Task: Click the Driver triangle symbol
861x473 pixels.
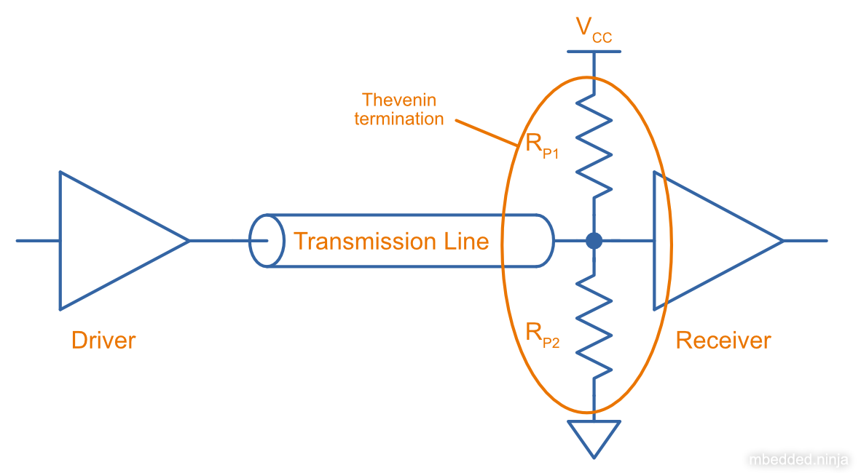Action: (x=109, y=240)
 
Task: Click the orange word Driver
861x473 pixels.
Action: (x=103, y=340)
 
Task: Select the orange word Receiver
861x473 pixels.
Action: (x=723, y=340)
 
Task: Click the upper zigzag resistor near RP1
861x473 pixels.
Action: (x=594, y=146)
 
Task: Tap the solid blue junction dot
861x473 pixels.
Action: (x=594, y=241)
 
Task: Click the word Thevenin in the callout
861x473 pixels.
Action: (x=399, y=100)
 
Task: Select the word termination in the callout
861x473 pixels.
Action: (x=399, y=119)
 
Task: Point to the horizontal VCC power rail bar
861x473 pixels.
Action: (x=594, y=52)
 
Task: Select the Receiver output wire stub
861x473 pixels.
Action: (x=806, y=240)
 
